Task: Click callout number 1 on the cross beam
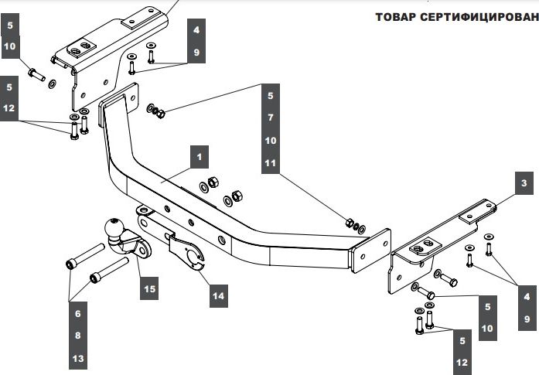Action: point(199,158)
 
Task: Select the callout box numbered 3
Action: point(524,183)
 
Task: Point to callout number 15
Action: point(149,289)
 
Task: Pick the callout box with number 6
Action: point(77,314)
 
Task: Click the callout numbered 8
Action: point(77,336)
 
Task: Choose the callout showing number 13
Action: point(77,359)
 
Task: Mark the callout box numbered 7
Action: point(271,118)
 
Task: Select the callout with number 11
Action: point(271,163)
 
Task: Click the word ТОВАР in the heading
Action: point(397,17)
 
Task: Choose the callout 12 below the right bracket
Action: point(462,362)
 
